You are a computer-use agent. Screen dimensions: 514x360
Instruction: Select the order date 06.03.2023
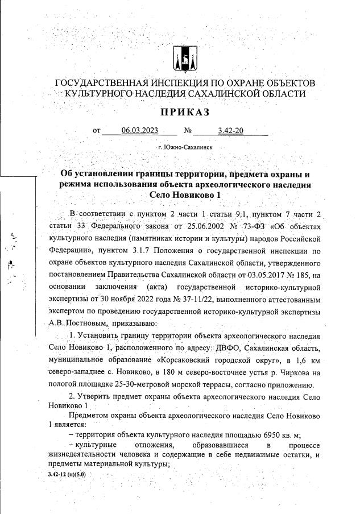(139, 131)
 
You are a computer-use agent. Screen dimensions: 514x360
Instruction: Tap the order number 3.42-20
(230, 131)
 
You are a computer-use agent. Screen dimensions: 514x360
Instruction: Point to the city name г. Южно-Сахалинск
(186, 147)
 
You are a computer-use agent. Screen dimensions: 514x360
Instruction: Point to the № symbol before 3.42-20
(188, 131)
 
